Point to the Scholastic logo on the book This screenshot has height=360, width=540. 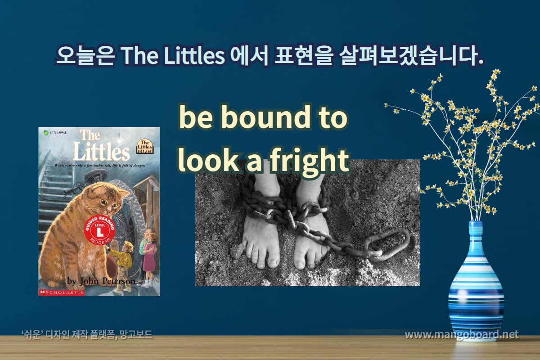62,292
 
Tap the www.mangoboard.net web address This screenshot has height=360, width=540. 461,335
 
